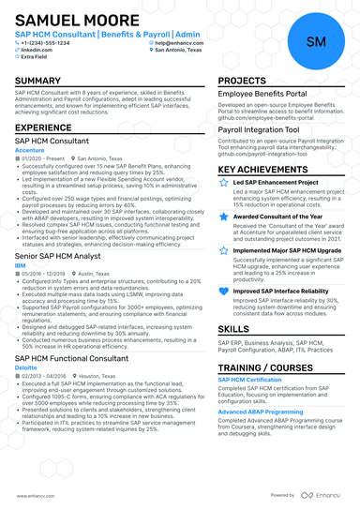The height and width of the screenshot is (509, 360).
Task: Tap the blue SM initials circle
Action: [x=316, y=41]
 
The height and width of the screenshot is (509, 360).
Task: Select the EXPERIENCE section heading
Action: [x=43, y=127]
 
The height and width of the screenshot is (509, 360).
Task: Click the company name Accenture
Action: [x=30, y=149]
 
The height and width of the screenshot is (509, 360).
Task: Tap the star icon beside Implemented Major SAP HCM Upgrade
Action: [x=222, y=250]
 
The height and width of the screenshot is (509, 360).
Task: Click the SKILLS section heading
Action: [x=233, y=329]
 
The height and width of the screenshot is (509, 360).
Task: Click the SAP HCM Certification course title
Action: [x=249, y=379]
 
